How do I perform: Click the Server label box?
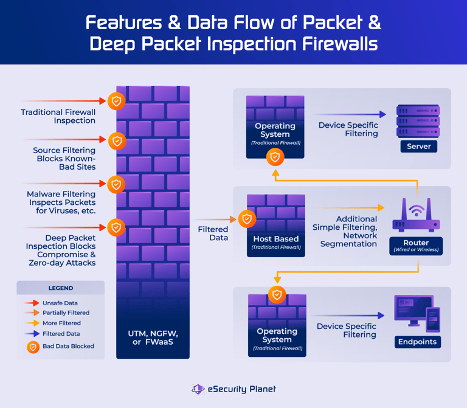click(x=418, y=146)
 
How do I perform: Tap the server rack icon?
click(x=418, y=121)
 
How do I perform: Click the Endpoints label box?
click(x=417, y=342)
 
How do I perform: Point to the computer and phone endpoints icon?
click(x=417, y=313)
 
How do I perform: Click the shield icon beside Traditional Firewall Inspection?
click(x=117, y=101)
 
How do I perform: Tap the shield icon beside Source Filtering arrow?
click(x=117, y=141)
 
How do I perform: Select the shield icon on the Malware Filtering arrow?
click(x=117, y=184)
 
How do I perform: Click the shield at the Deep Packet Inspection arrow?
click(x=117, y=227)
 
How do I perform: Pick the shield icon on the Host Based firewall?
click(x=247, y=219)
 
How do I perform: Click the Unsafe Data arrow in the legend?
click(x=32, y=303)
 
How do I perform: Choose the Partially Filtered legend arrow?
click(x=32, y=313)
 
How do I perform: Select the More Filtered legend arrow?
click(x=32, y=323)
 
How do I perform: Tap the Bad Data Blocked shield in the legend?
click(x=33, y=347)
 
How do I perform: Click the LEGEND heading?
click(x=61, y=288)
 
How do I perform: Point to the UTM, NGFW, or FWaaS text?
click(x=153, y=338)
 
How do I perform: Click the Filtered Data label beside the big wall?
click(x=213, y=233)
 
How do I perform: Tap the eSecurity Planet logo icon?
click(x=198, y=389)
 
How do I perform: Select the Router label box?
click(x=417, y=246)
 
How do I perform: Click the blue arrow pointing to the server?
click(x=350, y=114)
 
